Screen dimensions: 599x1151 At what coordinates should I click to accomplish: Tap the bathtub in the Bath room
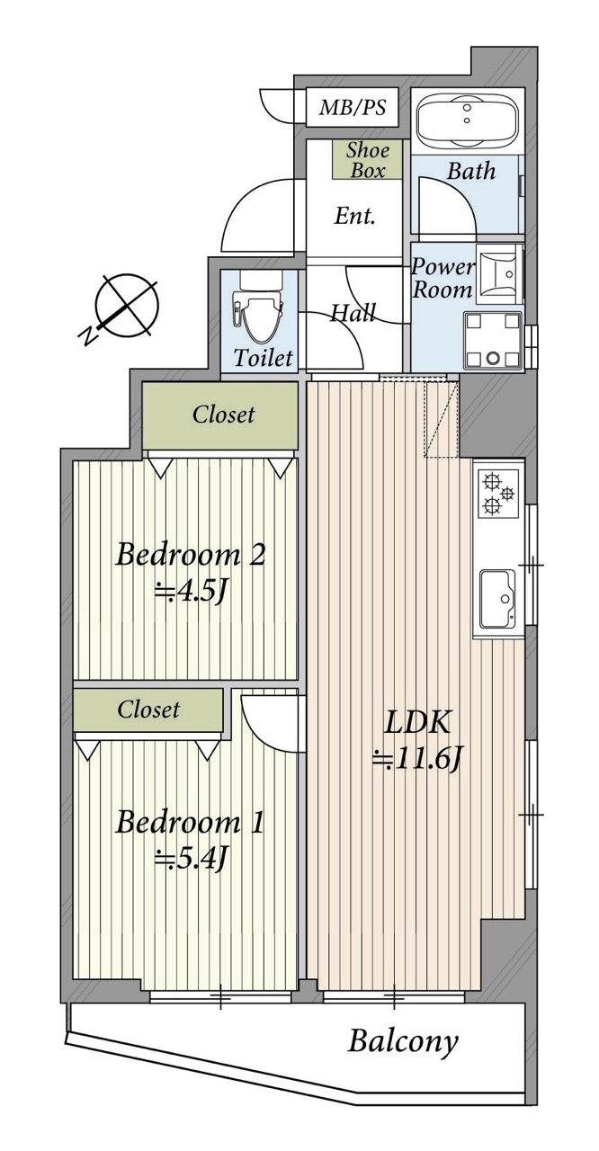(x=467, y=120)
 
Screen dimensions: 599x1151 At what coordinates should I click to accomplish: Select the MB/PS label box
(x=353, y=107)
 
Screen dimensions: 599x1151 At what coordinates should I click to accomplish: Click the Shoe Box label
(x=367, y=160)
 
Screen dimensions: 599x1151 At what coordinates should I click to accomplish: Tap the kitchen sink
(x=497, y=599)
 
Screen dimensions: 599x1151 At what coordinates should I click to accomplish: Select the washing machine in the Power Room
(x=493, y=341)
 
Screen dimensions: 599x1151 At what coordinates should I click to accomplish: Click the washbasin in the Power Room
(x=496, y=274)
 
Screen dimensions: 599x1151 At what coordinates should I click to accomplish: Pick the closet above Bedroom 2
(x=220, y=415)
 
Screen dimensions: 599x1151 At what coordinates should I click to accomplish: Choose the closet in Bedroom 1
(x=148, y=709)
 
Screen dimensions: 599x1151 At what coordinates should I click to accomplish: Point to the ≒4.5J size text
(x=191, y=593)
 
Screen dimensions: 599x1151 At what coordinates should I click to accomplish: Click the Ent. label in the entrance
(x=354, y=216)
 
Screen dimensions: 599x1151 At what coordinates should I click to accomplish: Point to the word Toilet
(x=263, y=357)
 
